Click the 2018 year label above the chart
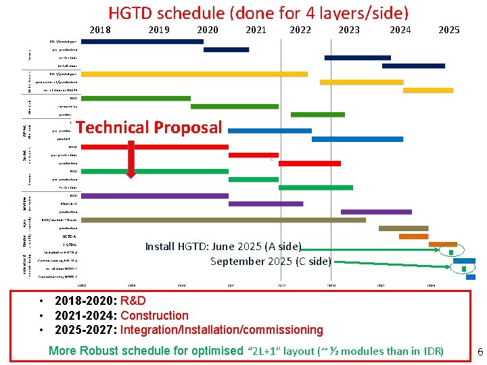tap(100, 30)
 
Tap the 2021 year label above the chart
tap(256, 30)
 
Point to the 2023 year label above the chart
tap(349, 30)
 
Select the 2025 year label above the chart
tap(448, 30)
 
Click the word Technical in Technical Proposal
tap(113, 127)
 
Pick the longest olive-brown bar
tap(223, 220)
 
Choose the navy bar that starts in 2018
tap(142, 41)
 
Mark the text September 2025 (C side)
tap(271, 261)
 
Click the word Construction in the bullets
tap(154, 316)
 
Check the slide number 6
tap(480, 351)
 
